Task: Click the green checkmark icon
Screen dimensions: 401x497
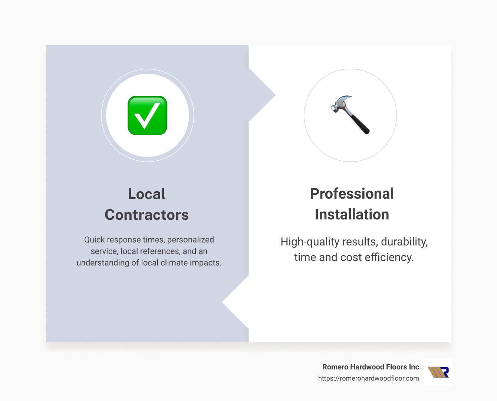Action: click(147, 115)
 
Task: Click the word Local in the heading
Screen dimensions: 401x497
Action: click(147, 194)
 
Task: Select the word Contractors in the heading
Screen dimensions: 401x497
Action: click(147, 215)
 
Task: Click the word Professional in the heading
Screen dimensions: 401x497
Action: click(352, 193)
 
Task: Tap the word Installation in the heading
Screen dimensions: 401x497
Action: click(352, 214)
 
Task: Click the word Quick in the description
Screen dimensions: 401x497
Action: click(94, 240)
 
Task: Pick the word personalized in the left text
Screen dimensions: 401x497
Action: click(191, 240)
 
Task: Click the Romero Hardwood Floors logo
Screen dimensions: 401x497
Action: click(438, 372)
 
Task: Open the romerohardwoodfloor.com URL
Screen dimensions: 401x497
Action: click(368, 378)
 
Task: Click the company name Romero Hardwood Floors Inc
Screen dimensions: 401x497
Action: click(370, 367)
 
